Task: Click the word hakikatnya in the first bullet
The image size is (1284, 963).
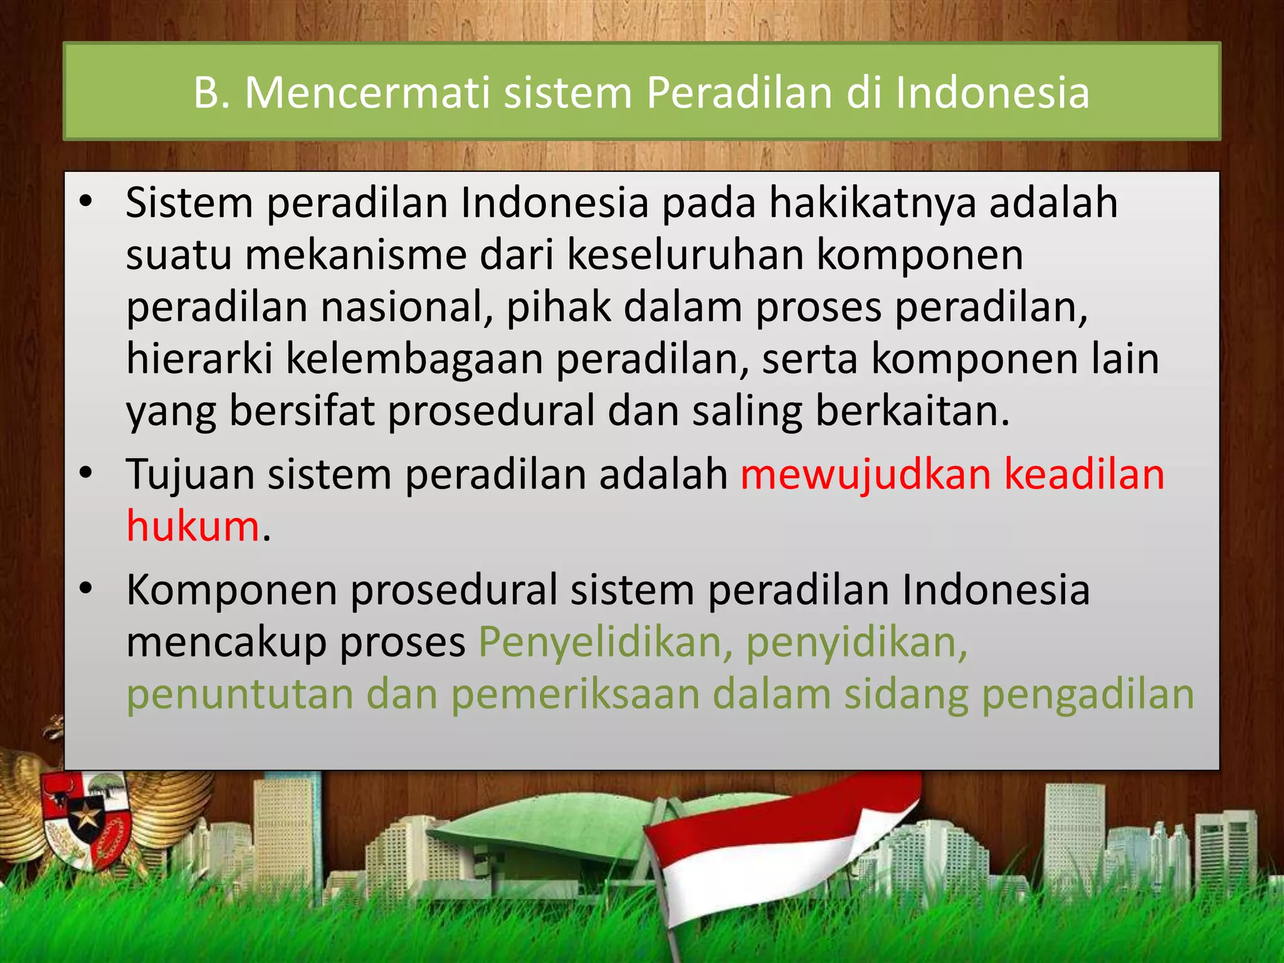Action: point(873,203)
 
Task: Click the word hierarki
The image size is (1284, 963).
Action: point(199,359)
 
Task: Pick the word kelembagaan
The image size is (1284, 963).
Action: point(414,360)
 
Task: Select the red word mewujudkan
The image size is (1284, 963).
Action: point(866,475)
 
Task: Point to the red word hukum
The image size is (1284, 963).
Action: point(193,526)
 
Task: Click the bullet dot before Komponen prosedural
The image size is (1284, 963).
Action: point(86,589)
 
